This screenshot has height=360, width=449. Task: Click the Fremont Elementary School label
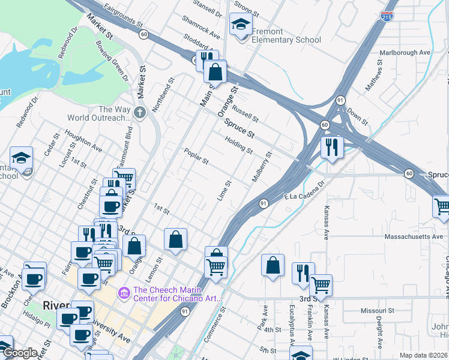point(286,35)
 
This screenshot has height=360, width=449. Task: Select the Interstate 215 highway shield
point(387,16)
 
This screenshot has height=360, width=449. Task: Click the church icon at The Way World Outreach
point(139,112)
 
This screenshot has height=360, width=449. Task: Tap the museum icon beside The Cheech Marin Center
point(124,293)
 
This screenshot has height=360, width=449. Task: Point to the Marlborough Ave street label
point(405,52)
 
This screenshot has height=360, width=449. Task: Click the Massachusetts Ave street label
point(405,237)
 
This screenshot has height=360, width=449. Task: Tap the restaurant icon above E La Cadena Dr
point(331,146)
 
